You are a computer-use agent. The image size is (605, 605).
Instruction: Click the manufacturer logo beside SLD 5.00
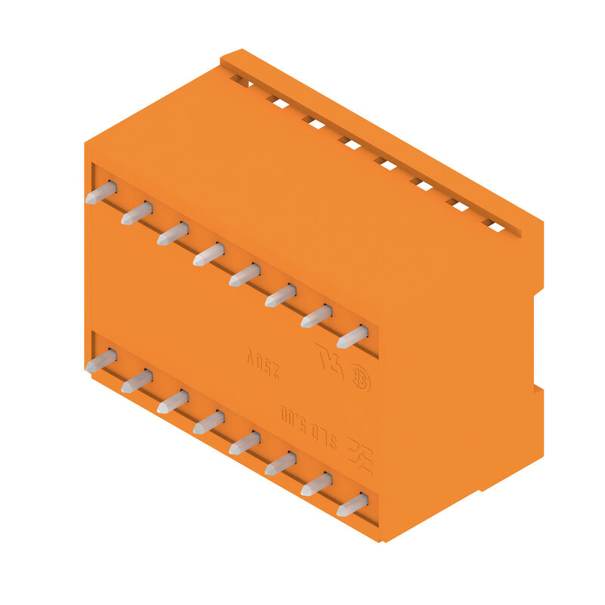360,457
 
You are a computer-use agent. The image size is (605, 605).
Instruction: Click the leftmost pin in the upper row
101,193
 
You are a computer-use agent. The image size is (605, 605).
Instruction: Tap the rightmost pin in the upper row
352,337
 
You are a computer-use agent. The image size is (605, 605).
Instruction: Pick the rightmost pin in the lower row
352,504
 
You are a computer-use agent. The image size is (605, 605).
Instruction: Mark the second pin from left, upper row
136,213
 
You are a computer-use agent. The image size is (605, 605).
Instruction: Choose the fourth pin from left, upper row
208,254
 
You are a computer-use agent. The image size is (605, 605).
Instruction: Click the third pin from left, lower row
172,402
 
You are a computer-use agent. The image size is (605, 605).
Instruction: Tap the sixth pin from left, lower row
280,463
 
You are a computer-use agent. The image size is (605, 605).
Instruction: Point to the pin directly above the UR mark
316,316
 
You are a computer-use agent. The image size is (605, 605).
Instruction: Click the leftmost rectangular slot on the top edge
240,80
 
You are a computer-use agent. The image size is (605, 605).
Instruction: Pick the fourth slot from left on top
349,142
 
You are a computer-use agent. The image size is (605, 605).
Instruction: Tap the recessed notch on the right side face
538,340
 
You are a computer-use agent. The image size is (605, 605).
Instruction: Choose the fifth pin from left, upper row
244,275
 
